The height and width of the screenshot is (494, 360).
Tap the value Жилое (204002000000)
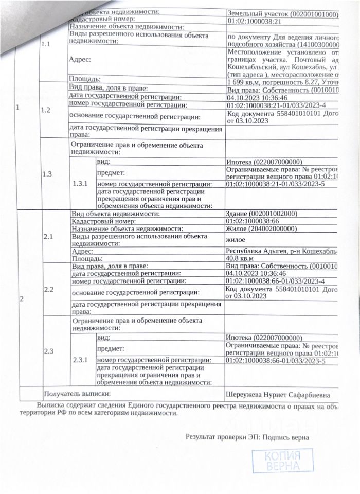[261, 230]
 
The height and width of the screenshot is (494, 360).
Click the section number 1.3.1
[81, 183]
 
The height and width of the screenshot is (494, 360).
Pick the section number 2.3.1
[81, 360]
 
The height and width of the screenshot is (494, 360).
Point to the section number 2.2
[49, 290]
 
